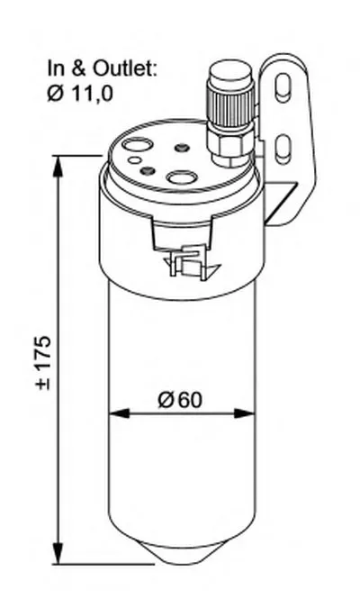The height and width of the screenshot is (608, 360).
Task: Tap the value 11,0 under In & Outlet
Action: pos(91,94)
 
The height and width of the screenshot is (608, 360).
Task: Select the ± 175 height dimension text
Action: pos(43,362)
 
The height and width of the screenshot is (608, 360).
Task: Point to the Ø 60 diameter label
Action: pos(180,400)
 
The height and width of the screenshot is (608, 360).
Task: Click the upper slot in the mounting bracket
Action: pos(283,87)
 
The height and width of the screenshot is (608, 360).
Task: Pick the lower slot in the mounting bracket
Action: pos(283,148)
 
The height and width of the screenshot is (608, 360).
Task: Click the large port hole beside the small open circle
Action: pos(137,145)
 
